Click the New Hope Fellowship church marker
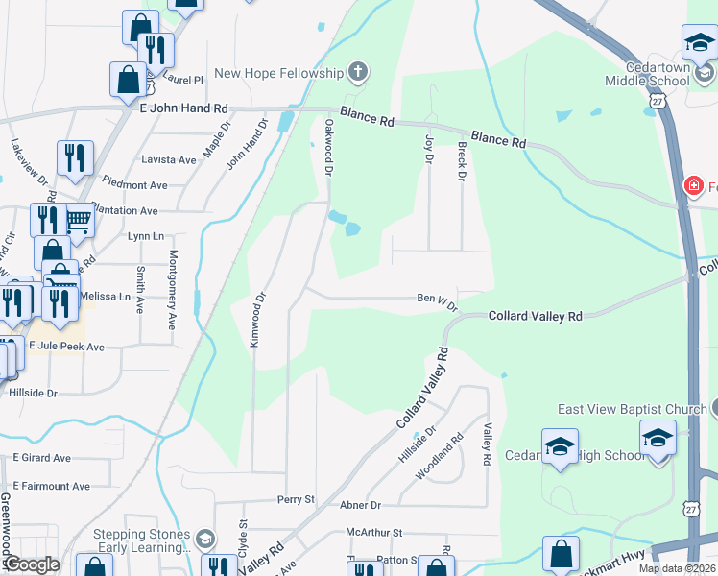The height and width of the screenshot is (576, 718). coord(358,72)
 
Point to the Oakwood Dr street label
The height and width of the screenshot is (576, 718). coord(328,147)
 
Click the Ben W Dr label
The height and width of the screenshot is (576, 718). coord(437,299)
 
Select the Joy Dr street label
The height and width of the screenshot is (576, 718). coord(429,149)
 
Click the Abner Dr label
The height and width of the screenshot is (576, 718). coord(361,505)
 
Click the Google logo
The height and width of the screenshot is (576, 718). coord(32,564)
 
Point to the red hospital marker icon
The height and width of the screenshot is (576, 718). coord(691,185)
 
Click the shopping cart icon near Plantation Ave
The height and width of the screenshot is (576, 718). coord(79,220)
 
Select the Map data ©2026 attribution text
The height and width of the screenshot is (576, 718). coord(677,568)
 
